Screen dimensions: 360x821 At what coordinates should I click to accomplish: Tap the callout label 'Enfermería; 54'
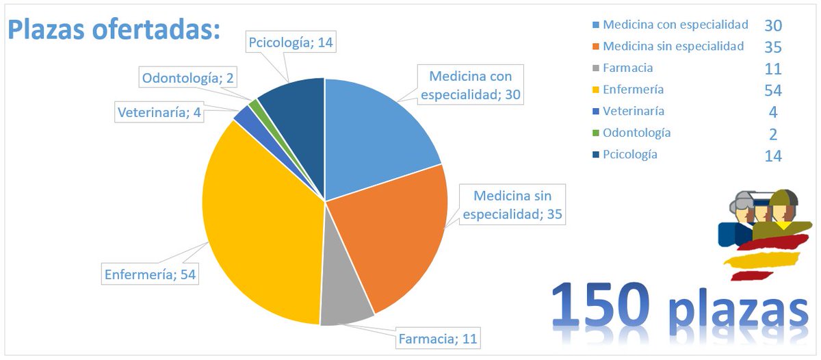150,274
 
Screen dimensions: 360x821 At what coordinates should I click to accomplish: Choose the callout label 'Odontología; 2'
188,78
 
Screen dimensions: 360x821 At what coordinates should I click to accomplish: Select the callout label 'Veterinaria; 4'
159,112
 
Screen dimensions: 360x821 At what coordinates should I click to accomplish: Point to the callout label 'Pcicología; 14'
291,42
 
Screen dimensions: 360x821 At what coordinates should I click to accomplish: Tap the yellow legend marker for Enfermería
595,90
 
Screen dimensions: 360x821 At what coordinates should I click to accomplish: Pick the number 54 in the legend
772,90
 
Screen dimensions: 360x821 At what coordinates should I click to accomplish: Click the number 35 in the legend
772,47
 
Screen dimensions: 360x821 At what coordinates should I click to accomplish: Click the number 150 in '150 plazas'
602,304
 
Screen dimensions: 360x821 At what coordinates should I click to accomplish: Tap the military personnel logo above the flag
763,216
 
